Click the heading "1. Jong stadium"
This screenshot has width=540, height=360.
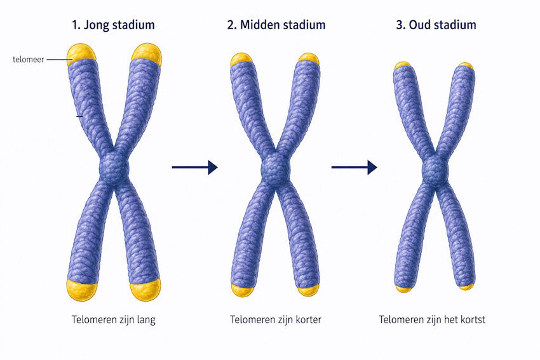113,25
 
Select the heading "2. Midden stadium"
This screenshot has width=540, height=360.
276,25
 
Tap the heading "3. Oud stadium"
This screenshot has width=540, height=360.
436,25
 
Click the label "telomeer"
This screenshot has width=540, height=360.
28,60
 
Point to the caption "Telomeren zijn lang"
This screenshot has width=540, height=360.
114,320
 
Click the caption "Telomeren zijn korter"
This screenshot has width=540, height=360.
276,320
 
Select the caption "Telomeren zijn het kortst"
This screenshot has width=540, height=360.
432,320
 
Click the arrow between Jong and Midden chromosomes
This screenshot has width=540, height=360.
195,167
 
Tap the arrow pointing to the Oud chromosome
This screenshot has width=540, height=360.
354,167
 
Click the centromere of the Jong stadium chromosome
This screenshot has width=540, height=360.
114,169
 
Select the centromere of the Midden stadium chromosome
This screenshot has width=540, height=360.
275,170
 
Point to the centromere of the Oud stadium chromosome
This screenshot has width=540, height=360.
435,170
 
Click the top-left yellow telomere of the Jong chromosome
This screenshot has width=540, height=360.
81,52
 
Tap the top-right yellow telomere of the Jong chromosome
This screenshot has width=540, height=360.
147,52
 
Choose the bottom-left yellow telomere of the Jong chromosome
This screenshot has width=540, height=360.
82,290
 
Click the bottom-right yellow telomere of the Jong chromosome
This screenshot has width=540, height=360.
145,290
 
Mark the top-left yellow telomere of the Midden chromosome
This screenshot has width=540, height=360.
241,59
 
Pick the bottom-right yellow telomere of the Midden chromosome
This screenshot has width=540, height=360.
309,290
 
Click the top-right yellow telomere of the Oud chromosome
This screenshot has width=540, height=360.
466,65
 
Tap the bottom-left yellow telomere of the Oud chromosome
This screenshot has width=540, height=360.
403,289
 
